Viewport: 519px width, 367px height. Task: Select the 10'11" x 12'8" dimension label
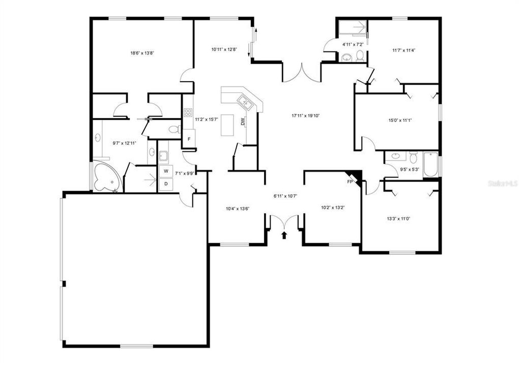tap(224, 49)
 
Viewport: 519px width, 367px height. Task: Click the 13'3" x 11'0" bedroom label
tap(398, 218)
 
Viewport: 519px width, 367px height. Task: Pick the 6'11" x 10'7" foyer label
tap(285, 196)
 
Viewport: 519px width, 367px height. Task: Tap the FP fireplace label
tap(350, 181)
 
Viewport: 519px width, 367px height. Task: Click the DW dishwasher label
tap(243, 122)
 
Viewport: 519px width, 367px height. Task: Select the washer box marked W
tap(165, 171)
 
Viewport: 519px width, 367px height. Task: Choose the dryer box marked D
tap(165, 183)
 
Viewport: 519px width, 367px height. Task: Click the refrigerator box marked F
tap(189, 139)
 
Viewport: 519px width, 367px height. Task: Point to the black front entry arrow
tap(284, 235)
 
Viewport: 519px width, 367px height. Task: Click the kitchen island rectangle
tap(227, 125)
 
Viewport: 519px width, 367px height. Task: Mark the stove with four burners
tap(188, 112)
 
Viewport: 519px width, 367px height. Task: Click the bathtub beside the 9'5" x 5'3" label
tap(430, 165)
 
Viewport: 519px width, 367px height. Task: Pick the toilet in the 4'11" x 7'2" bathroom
tap(360, 55)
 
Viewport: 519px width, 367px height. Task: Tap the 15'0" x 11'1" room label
tap(399, 121)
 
